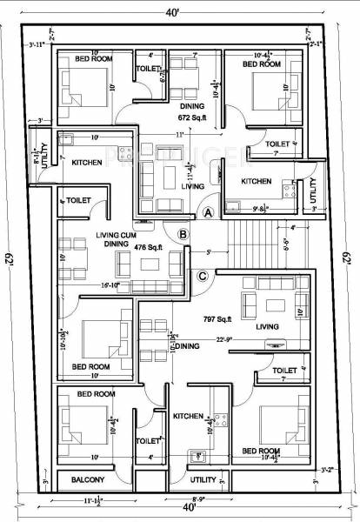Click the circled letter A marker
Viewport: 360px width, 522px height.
point(209,211)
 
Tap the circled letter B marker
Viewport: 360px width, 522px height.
point(183,233)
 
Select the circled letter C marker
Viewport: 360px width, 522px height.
point(202,277)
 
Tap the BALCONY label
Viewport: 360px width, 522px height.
point(88,479)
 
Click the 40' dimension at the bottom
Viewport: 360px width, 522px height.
point(179,506)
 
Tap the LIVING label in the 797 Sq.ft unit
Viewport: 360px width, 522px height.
point(267,327)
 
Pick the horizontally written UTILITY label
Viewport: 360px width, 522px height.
point(202,479)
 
